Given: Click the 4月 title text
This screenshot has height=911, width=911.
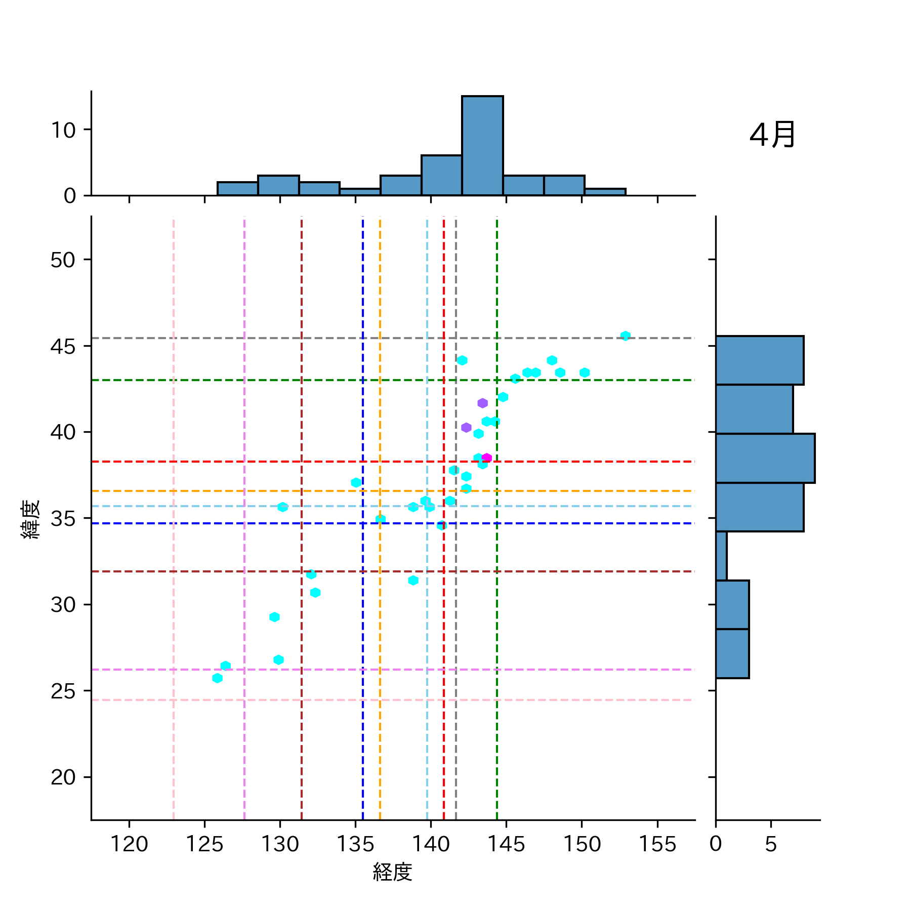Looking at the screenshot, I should point(772,135).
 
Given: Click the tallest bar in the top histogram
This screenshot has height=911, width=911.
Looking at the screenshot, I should point(482,146).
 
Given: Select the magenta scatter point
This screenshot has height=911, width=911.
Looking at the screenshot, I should point(487,458).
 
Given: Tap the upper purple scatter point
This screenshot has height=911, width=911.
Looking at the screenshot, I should point(482,403).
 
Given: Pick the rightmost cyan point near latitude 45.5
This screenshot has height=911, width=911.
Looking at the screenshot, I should point(626,336).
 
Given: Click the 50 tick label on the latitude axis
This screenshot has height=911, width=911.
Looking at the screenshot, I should point(63,260).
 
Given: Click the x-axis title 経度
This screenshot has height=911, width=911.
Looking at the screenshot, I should point(393,872).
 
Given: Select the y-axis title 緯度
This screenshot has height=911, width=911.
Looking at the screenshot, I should point(30,519).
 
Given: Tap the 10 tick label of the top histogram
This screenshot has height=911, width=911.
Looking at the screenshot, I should point(63,131).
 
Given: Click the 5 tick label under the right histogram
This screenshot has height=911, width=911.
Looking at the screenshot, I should point(771,844).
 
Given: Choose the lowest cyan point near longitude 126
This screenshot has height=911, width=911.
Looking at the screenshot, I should point(218,678).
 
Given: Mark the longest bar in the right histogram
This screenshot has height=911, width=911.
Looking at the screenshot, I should point(765,458).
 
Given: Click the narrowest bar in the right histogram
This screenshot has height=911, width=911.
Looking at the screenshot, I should point(721,556).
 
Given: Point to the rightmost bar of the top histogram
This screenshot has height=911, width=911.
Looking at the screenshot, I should point(605,192).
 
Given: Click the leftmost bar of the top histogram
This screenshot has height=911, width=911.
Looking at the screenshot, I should point(237,189).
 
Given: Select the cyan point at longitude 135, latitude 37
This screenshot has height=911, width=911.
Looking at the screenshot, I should point(356,483).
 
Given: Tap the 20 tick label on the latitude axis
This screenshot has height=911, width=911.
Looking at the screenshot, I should point(63,777).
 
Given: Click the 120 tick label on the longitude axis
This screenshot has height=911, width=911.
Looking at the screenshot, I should point(129,844).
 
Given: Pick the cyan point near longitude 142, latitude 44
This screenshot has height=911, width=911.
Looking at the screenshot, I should point(462,360).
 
